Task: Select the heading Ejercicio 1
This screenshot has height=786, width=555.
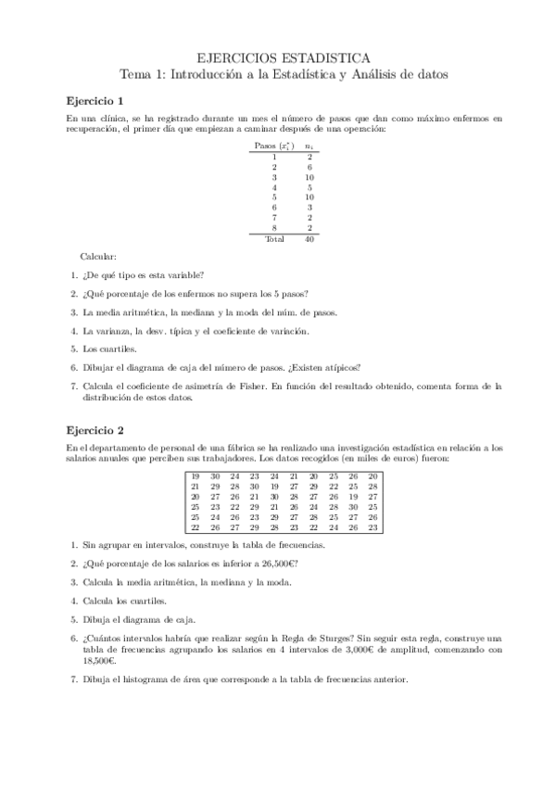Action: tap(95, 100)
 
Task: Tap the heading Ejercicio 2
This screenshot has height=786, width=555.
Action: tap(95, 431)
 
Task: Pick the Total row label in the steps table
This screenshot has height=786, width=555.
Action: tap(274, 239)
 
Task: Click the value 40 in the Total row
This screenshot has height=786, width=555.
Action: tap(309, 239)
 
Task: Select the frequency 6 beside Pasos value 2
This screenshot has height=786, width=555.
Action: tap(309, 167)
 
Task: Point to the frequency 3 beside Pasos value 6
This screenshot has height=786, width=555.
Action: tap(309, 208)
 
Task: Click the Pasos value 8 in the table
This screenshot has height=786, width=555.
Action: tap(274, 228)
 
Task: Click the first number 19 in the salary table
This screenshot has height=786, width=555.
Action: tap(195, 475)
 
